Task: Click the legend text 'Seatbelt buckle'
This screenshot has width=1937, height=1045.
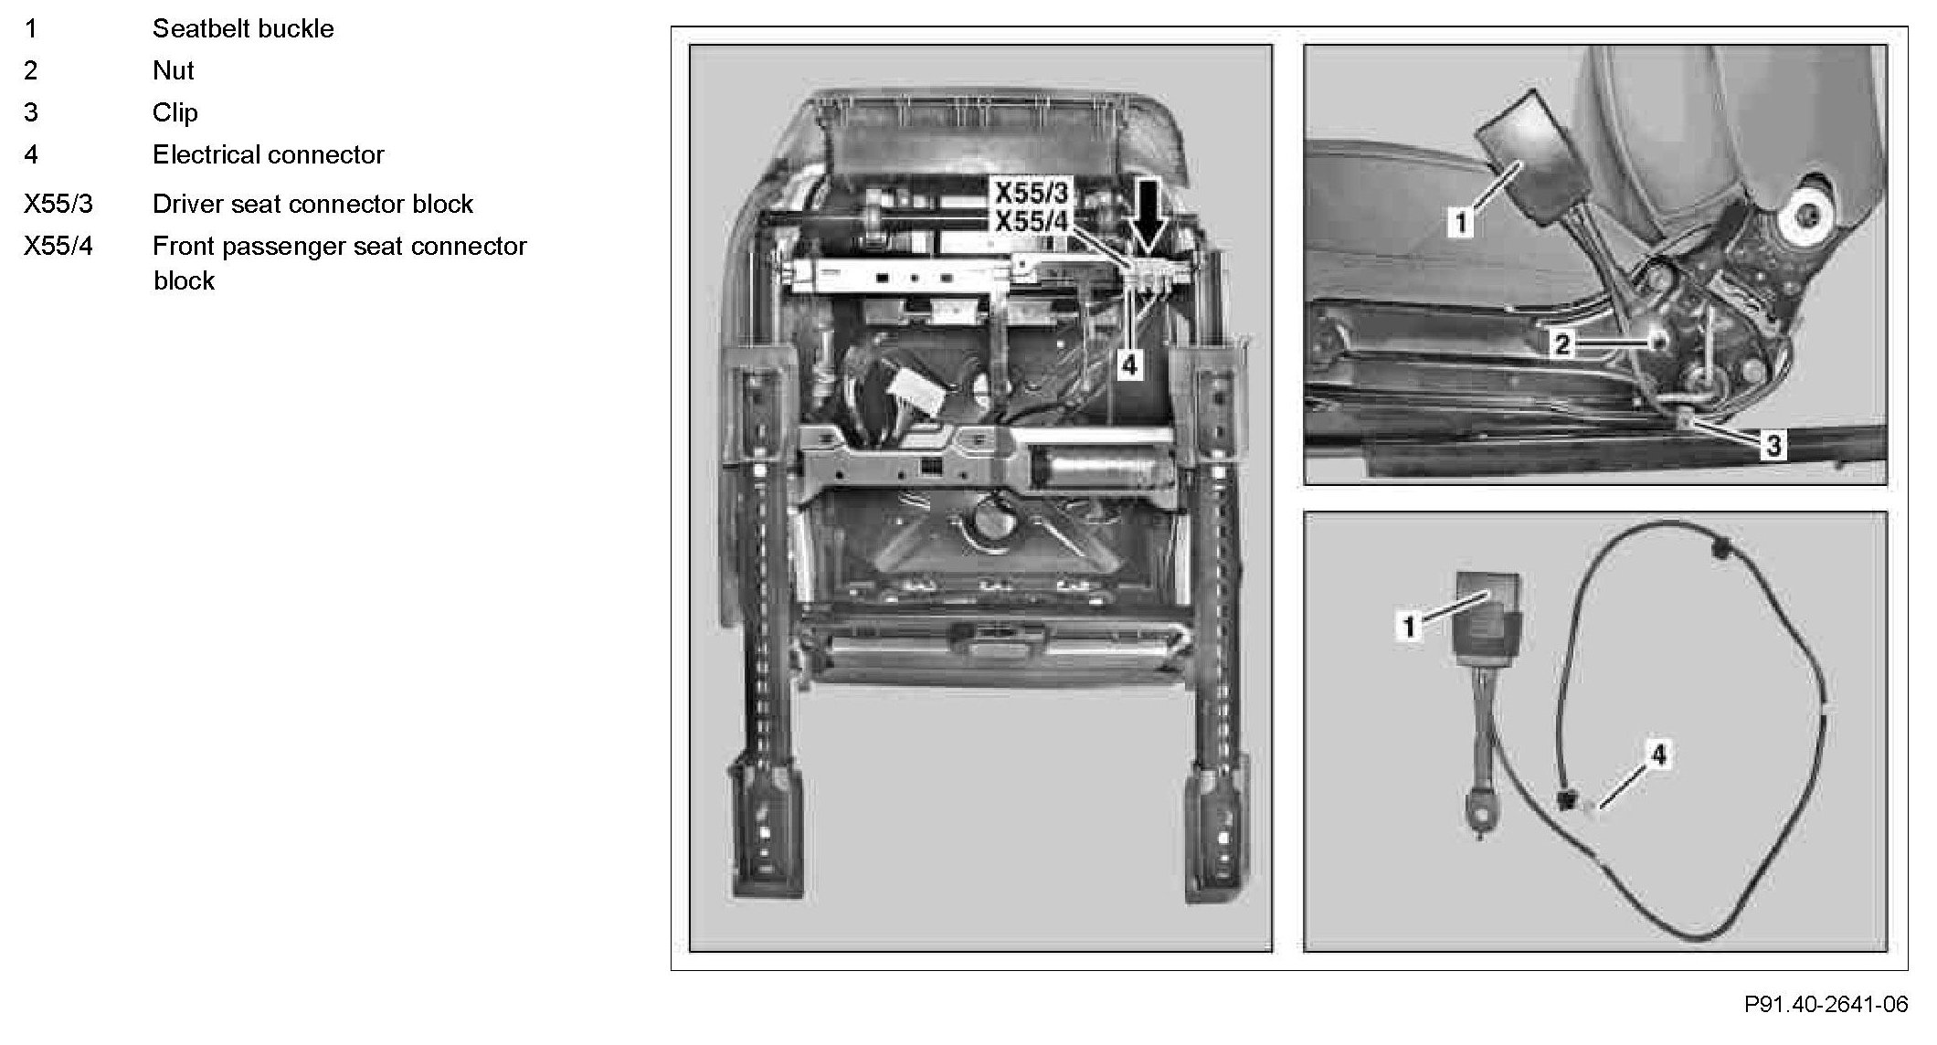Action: pyautogui.click(x=243, y=29)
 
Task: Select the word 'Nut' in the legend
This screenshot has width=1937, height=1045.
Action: pyautogui.click(x=174, y=70)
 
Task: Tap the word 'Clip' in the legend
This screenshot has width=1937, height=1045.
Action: pyautogui.click(x=175, y=112)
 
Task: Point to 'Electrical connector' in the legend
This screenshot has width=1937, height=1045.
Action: pyautogui.click(x=269, y=154)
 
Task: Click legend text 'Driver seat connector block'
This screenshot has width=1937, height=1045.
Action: pyautogui.click(x=312, y=204)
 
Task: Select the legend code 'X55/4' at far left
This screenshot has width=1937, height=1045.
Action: pyautogui.click(x=58, y=246)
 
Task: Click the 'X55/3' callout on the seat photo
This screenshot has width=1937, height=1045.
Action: pyautogui.click(x=1031, y=193)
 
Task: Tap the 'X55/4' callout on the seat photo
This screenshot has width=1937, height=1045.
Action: pyautogui.click(x=1031, y=221)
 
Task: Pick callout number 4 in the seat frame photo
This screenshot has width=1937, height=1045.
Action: pyautogui.click(x=1130, y=365)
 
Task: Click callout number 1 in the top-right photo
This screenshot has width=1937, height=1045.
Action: pyautogui.click(x=1460, y=222)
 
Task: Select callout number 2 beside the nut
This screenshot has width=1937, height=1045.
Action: pyautogui.click(x=1562, y=344)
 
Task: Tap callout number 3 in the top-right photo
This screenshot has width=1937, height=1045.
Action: pyautogui.click(x=1773, y=445)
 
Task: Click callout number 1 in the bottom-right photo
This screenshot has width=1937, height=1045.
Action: pyautogui.click(x=1409, y=626)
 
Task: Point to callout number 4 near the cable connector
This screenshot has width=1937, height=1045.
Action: pyautogui.click(x=1658, y=755)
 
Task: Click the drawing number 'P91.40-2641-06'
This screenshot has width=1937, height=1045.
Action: pyautogui.click(x=1826, y=1005)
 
